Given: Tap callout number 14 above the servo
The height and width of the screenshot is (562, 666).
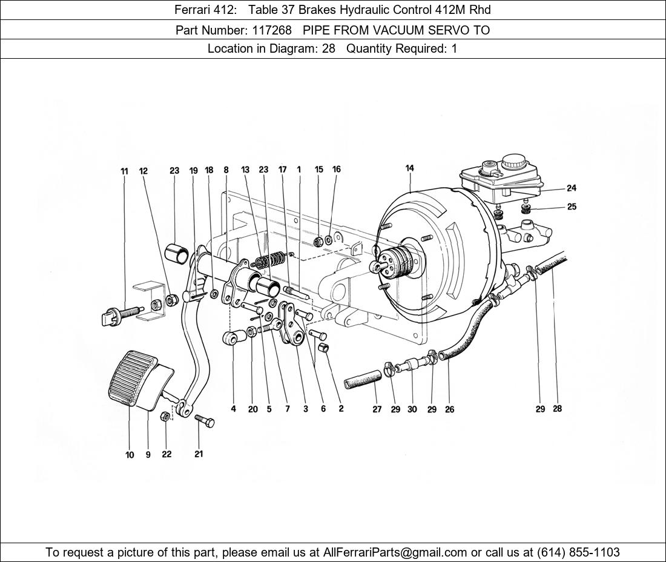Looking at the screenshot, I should [x=410, y=168].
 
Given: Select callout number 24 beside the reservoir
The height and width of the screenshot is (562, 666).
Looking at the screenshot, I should [x=571, y=188].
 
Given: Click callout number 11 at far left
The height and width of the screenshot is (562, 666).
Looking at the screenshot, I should [x=124, y=171].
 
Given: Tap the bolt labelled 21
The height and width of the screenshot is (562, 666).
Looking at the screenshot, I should [x=204, y=421].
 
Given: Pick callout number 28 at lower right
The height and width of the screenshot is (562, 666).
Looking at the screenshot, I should [x=557, y=409].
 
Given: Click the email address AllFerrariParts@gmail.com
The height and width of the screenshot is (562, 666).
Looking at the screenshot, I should [x=395, y=552].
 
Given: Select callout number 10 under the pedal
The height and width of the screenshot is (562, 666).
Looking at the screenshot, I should [x=130, y=455].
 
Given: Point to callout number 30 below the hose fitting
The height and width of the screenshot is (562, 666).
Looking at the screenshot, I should [x=412, y=409].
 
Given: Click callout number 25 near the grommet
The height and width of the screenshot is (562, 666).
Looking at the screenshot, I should [x=572, y=207].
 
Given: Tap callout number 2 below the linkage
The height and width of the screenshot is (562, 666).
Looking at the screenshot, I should [x=341, y=409].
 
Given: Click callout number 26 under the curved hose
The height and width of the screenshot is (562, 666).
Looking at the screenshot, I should [x=449, y=409].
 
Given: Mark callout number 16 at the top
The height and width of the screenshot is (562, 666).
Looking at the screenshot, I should [x=336, y=170].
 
